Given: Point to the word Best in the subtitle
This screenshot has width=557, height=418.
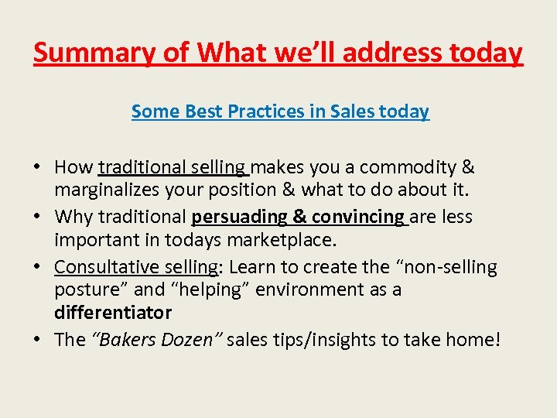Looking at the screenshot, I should click(x=203, y=111).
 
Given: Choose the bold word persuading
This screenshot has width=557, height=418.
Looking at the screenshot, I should click(x=240, y=217).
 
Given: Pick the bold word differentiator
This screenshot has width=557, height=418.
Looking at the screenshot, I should click(x=113, y=313).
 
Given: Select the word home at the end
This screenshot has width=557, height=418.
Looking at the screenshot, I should click(x=473, y=339).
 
